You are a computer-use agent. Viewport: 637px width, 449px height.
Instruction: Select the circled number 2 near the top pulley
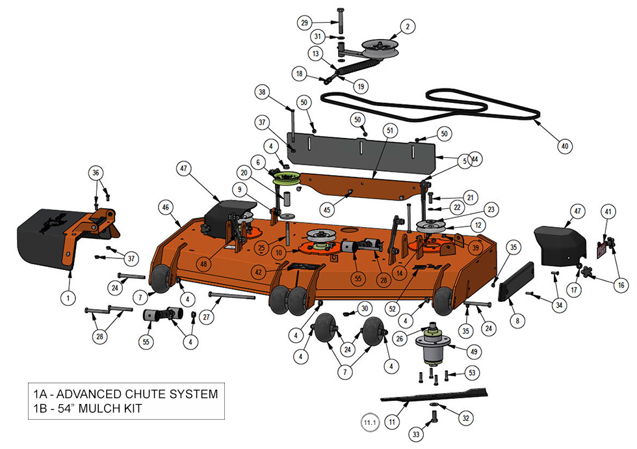pyautogui.click(x=407, y=27)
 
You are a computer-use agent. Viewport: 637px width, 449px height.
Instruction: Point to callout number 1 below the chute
pyautogui.click(x=66, y=298)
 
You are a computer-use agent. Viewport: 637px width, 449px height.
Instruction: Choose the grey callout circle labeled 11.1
pyautogui.click(x=369, y=422)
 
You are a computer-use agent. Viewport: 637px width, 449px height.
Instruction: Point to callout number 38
pyautogui.click(x=262, y=93)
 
